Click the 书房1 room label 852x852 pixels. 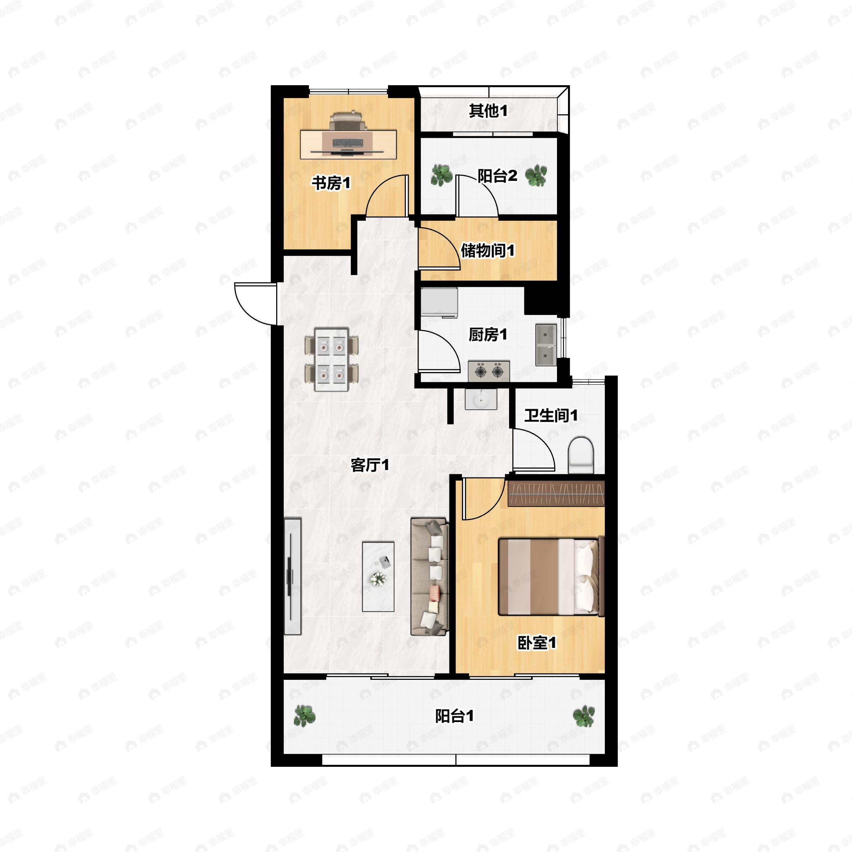[331, 182]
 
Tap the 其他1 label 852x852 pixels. [488, 111]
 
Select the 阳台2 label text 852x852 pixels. [497, 176]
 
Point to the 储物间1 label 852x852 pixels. [488, 251]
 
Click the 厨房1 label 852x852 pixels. [488, 335]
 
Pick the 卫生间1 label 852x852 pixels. [551, 415]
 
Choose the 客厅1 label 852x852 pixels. [370, 465]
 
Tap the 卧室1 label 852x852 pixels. [537, 643]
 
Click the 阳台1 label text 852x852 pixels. [454, 716]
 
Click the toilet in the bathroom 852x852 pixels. [581, 455]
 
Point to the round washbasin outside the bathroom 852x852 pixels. [481, 399]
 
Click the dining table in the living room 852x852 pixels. [332, 359]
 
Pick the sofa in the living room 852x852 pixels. [430, 577]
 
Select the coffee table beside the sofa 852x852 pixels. [378, 577]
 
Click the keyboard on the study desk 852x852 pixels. [348, 143]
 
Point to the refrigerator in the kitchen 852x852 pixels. [439, 302]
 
